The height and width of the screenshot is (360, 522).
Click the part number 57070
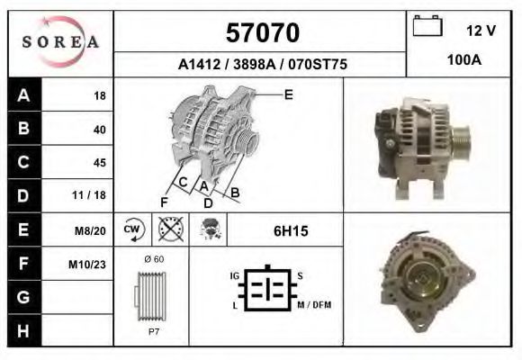point(263,32)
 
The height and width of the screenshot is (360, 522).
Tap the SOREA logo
point(60,42)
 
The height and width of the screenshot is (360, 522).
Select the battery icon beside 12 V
point(427,25)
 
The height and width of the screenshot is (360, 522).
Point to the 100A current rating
point(464,60)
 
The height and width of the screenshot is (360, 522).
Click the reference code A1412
point(200,64)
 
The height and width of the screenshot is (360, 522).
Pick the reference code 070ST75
point(318,64)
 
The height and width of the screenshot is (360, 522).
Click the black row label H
point(24,331)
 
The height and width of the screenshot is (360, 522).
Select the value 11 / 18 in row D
point(89,195)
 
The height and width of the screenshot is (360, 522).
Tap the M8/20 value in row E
point(90,230)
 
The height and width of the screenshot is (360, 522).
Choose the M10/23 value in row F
point(87,265)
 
